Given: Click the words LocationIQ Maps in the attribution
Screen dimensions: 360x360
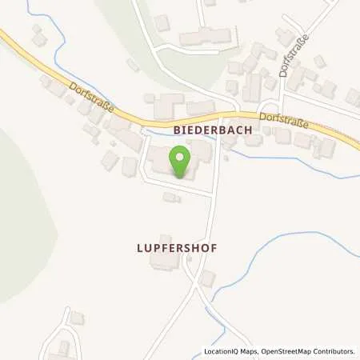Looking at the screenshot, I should (x=226, y=351).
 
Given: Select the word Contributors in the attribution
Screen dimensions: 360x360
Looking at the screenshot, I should (x=332, y=351).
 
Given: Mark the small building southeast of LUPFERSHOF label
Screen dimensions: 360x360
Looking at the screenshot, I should (x=207, y=278).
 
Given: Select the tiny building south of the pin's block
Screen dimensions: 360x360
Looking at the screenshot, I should (x=169, y=197).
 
